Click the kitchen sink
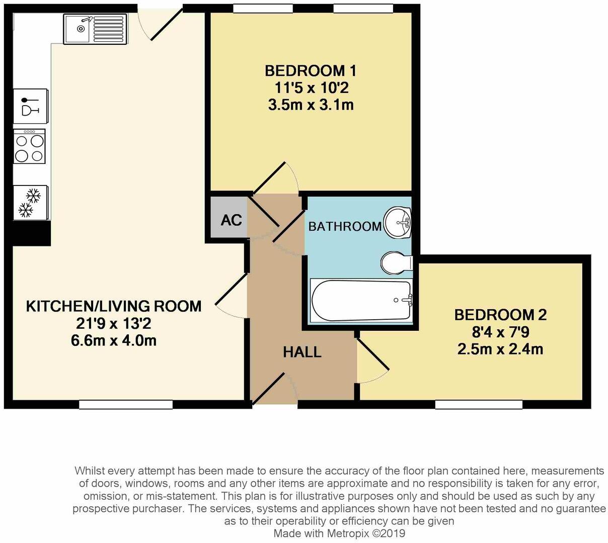click(95, 29)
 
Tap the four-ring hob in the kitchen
click(29, 146)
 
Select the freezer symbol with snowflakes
click(30, 203)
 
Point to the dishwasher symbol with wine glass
click(30, 106)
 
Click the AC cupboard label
click(231, 220)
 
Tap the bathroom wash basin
click(398, 222)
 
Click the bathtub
click(361, 300)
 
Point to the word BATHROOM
click(345, 226)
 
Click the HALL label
click(302, 352)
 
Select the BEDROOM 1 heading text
click(311, 71)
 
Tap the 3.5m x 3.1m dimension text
click(311, 105)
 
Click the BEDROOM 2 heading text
click(500, 315)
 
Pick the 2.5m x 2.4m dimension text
click(500, 349)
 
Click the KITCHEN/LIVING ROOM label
click(114, 306)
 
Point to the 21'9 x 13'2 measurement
click(114, 323)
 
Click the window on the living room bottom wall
click(126, 404)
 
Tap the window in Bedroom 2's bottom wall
click(479, 404)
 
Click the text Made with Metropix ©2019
click(339, 533)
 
